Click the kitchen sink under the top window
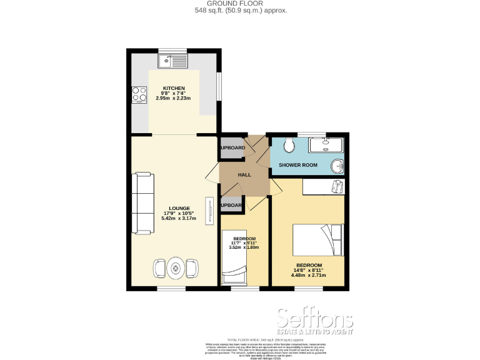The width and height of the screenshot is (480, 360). coord(173,61)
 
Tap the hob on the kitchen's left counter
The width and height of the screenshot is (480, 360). coord(139,94)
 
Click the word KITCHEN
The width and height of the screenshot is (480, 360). coord(174,88)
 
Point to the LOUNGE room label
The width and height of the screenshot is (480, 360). coord(179,208)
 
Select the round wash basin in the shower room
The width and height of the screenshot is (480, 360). coord(337,167)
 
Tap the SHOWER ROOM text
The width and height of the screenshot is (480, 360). coord(298,165)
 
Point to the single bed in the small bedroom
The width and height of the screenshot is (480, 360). coord(236,257)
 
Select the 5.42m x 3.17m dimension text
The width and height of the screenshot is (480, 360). coord(179,218)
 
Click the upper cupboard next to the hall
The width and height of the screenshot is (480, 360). coord(231,148)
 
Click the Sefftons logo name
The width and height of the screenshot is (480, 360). coord(315,319)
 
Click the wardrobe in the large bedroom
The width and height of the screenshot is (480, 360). coord(324,187)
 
